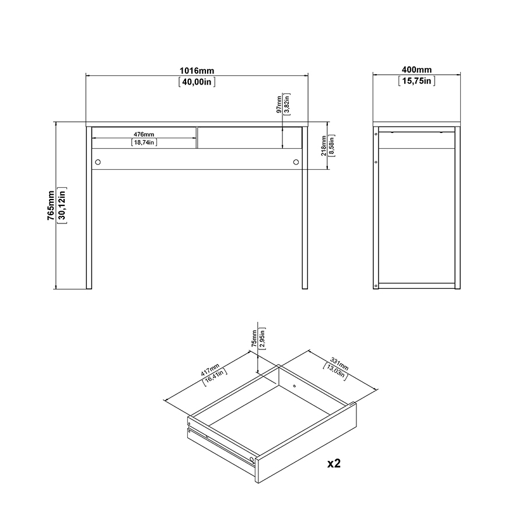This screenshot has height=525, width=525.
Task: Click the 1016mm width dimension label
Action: [197, 71]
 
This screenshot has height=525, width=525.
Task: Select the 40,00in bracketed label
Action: [197, 82]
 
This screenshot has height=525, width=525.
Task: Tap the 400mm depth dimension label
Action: [416, 71]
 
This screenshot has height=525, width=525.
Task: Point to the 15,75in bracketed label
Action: [416, 82]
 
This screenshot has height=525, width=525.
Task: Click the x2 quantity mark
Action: [334, 464]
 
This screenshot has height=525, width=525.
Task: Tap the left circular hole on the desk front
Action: [98, 162]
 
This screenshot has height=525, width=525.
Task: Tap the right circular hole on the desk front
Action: [296, 162]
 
